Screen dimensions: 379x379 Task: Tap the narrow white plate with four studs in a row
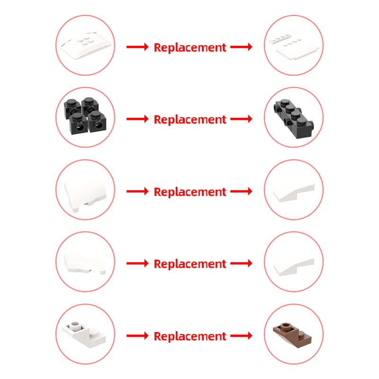pyautogui.click(x=280, y=39)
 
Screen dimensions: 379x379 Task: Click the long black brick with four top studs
pyautogui.click(x=294, y=118)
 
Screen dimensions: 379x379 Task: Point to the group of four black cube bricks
pyautogui.click(x=85, y=116)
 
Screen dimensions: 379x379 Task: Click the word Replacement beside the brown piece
pyautogui.click(x=190, y=336)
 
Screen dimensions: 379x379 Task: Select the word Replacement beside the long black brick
pyautogui.click(x=190, y=119)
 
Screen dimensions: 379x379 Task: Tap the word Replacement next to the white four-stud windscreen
pyautogui.click(x=190, y=47)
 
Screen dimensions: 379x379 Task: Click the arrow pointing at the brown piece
pyautogui.click(x=241, y=335)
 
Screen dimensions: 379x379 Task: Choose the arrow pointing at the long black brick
pyautogui.click(x=241, y=119)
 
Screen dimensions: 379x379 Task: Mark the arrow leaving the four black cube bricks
pyautogui.click(x=137, y=119)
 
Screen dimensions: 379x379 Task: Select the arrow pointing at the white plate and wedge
pyautogui.click(x=241, y=46)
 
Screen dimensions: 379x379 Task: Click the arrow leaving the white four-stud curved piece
pyautogui.click(x=137, y=46)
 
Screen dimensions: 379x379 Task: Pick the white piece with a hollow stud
pyautogui.click(x=84, y=335)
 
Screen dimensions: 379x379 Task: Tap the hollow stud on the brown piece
pyautogui.click(x=286, y=326)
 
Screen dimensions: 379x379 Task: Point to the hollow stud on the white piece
pyautogui.click(x=75, y=325)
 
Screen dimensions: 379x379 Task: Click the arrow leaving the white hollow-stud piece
pyautogui.click(x=137, y=335)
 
